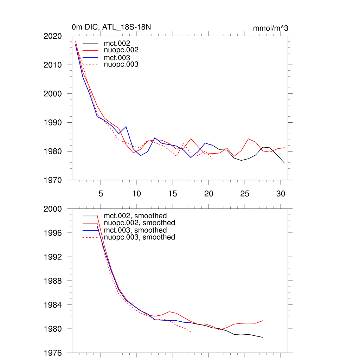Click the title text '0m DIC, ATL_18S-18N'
111,27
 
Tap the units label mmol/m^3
270,28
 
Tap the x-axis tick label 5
101,194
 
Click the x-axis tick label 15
173,194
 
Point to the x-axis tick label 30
281,194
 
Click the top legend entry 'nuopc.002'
124,50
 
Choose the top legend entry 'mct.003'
120,58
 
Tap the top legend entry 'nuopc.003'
124,65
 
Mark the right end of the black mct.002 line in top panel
284,163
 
